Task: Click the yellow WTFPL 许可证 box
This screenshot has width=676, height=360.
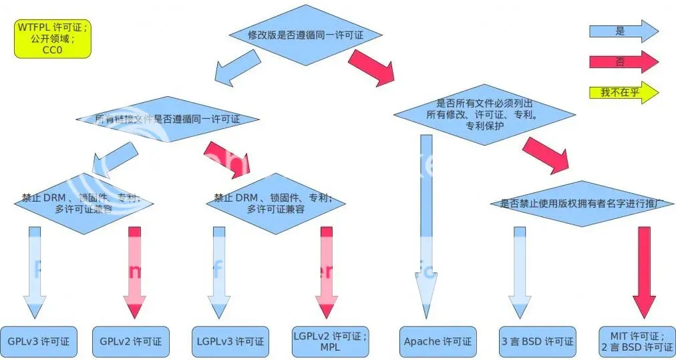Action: pyautogui.click(x=51, y=39)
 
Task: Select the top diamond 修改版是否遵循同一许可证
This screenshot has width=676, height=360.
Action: pyautogui.click(x=305, y=35)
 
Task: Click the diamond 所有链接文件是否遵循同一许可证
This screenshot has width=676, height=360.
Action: pyautogui.click(x=167, y=120)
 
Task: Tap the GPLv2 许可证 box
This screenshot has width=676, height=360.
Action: pyautogui.click(x=130, y=341)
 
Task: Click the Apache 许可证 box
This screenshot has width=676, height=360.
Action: pyautogui.click(x=438, y=341)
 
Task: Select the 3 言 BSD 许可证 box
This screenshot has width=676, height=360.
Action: pyautogui.click(x=537, y=341)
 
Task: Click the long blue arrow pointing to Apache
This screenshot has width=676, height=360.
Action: pyautogui.click(x=426, y=220)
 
